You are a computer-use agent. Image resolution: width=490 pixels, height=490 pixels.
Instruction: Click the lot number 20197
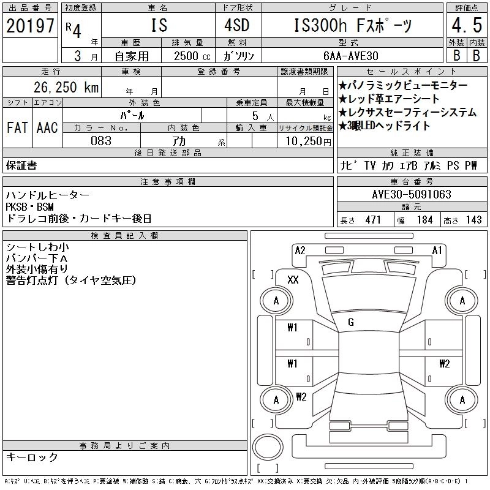click(30, 26)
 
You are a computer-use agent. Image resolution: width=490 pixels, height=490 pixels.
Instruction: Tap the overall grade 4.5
click(467, 25)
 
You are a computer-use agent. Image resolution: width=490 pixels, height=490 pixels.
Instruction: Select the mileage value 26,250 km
click(66, 87)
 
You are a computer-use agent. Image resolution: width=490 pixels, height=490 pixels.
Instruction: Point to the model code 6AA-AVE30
click(350, 56)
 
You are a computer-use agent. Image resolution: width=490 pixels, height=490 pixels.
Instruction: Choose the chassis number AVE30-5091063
click(412, 194)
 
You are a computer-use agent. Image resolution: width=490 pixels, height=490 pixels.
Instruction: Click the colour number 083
click(101, 141)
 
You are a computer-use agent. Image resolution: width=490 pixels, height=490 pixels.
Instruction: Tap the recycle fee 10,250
click(304, 141)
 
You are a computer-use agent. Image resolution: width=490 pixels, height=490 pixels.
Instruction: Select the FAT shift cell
click(17, 127)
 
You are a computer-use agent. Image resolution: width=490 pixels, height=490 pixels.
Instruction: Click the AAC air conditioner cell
click(47, 127)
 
